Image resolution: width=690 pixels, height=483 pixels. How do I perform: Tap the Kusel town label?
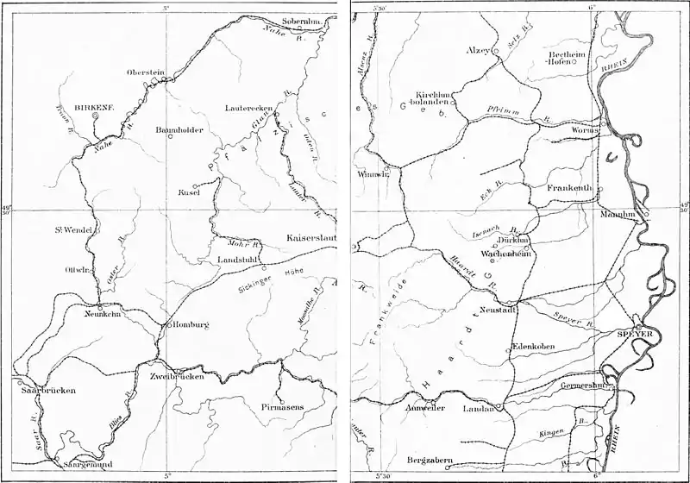tap(189, 192)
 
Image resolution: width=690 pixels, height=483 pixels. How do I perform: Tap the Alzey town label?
tap(476, 51)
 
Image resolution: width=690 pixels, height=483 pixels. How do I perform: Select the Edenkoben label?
tap(537, 347)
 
